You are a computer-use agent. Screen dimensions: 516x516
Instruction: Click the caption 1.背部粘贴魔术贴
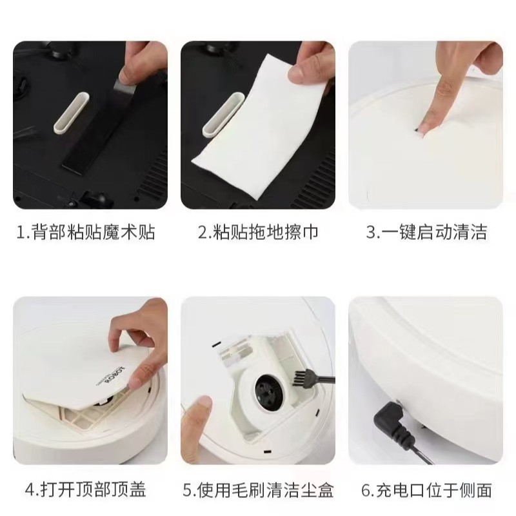86,232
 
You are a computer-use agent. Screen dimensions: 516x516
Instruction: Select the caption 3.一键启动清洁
426,232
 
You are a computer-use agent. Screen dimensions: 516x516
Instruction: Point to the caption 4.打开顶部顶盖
86,490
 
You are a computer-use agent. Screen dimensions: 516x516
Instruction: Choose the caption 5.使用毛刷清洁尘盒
259,490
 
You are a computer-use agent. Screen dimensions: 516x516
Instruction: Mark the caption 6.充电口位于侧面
426,490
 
